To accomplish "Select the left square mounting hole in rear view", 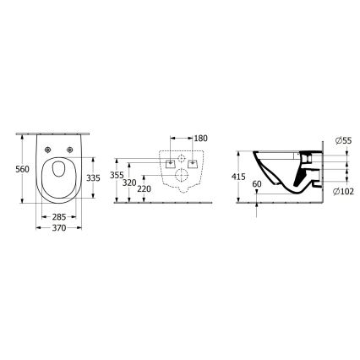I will pyautogui.click(x=172, y=162).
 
